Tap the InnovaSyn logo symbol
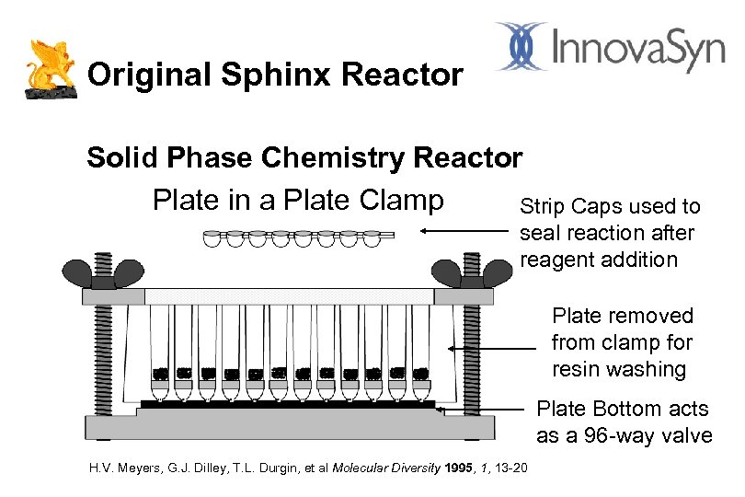(522, 46)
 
